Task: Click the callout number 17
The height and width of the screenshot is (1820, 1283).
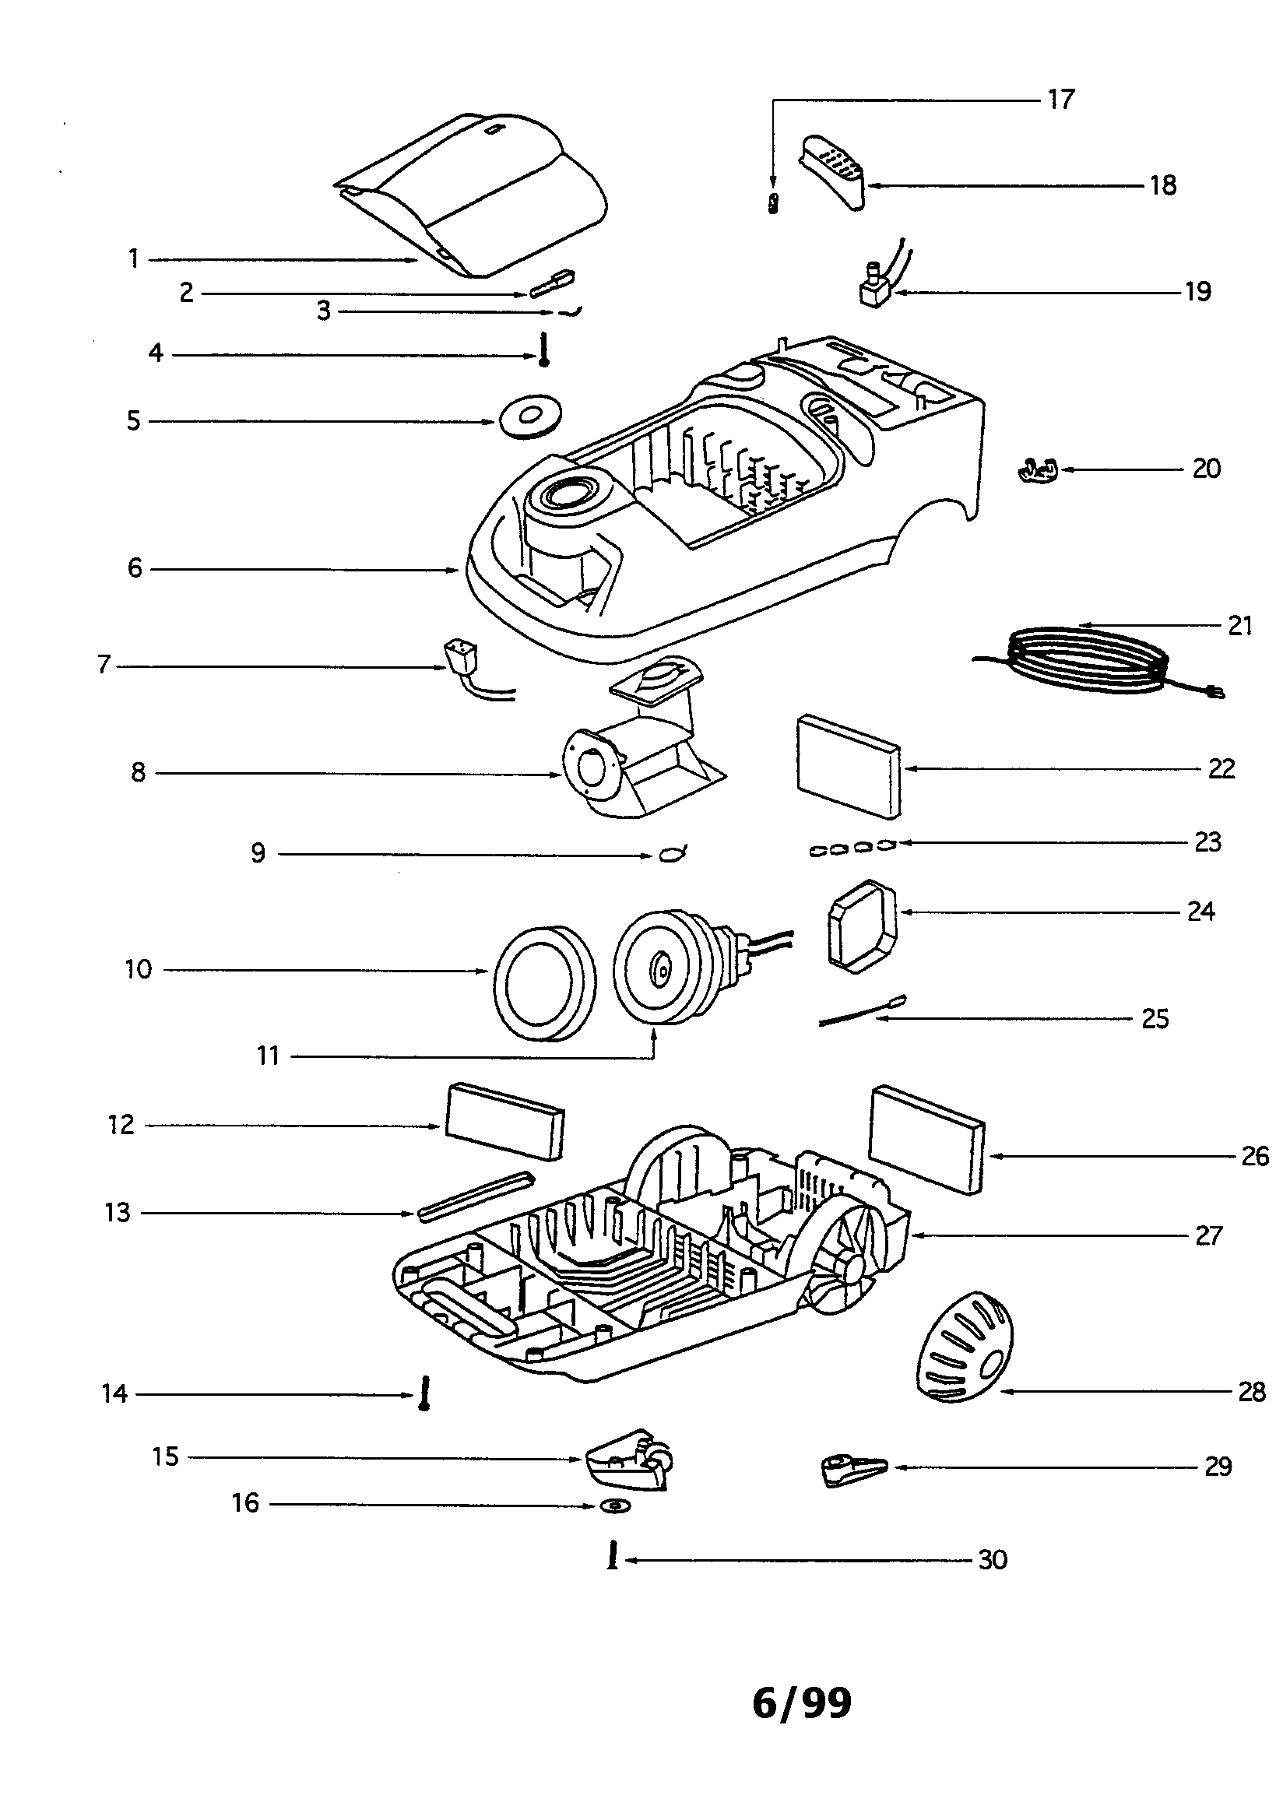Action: [1060, 100]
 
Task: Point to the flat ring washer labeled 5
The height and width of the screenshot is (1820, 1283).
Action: [530, 416]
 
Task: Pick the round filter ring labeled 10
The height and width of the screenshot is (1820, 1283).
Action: [544, 983]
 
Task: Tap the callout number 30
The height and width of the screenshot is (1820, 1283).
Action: [992, 1560]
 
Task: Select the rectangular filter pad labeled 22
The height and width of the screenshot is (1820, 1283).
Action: [849, 766]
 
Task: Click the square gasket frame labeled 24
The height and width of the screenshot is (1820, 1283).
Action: [863, 926]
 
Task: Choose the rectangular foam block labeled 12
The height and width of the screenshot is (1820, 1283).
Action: [505, 1122]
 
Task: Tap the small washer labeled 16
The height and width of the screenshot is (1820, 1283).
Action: [615, 1506]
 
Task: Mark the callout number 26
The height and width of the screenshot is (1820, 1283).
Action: [1254, 1157]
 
